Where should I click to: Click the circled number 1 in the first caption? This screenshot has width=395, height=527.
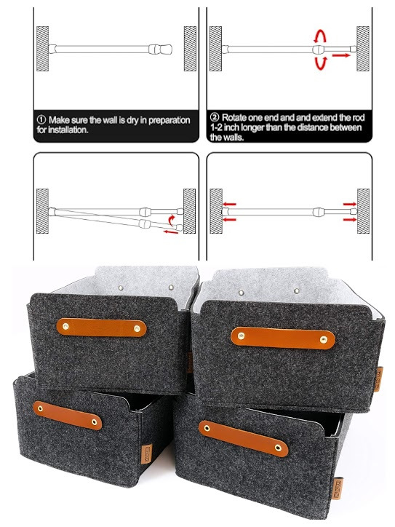coord(41,120)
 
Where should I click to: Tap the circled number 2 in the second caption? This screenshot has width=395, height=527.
coord(215,117)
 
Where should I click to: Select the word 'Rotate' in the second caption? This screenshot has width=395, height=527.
coord(233,118)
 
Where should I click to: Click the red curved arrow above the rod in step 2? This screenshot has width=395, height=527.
coord(320,36)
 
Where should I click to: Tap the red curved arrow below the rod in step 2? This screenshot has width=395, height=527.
coord(321,63)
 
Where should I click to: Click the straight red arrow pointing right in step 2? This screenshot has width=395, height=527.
coord(341,55)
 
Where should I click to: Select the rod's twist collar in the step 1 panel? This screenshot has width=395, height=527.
coord(155,49)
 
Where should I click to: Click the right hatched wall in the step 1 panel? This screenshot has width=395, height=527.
coord(190,49)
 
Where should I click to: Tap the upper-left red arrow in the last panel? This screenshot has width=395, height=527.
coord(229,204)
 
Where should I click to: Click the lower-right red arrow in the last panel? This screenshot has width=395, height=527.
coord(350,220)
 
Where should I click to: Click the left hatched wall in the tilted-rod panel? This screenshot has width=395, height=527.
coord(42,211)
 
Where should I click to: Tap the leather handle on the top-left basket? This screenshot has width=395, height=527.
coord(101,328)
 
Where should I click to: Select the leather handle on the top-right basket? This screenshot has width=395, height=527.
coord(283,338)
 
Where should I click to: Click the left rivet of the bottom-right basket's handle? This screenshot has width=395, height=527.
coord(207,428)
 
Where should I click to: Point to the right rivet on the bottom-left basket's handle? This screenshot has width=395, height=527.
coord(94,422)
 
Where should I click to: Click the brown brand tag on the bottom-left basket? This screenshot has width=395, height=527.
coord(146,453)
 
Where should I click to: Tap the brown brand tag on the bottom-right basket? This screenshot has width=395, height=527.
coord(338,488)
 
